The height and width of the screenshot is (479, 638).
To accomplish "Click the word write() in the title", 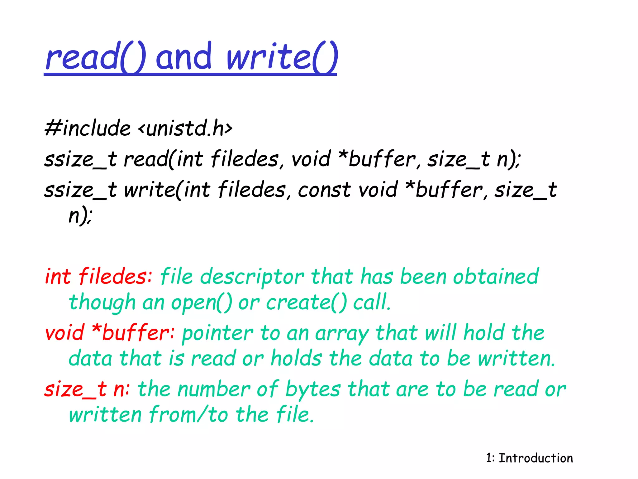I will [282, 57].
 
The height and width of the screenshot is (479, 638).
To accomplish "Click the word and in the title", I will [184, 57].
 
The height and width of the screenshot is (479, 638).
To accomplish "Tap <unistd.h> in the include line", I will [185, 128].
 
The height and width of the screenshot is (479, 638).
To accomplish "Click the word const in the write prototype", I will [324, 190].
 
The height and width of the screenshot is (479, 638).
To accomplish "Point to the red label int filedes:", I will [98, 277].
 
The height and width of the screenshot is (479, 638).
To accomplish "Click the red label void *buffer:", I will [110, 333].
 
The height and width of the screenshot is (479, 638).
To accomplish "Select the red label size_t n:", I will [87, 389].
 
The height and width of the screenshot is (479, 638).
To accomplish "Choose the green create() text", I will [306, 303].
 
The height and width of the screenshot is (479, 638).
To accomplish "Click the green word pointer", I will [217, 333].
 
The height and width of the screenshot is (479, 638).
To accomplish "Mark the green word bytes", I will [313, 390].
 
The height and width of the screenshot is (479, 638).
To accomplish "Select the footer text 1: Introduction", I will [529, 458].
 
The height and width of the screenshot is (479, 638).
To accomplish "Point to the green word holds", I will [296, 358].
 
